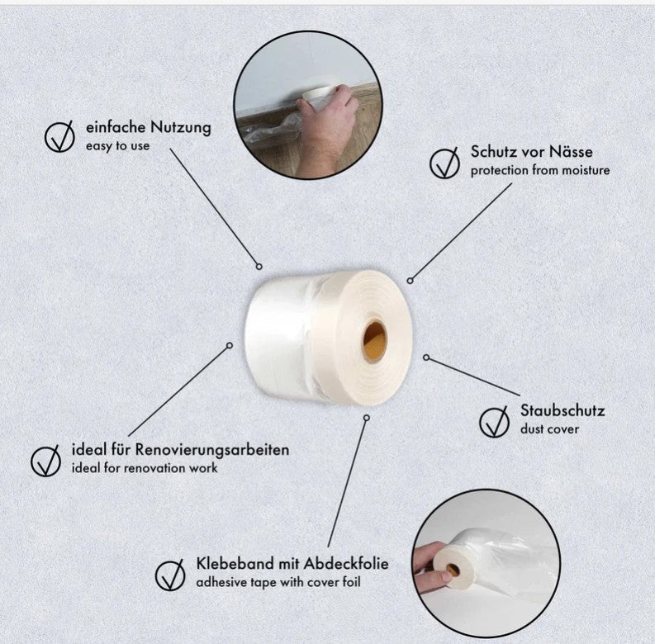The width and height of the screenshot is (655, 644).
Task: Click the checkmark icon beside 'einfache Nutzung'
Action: pyautogui.click(x=59, y=136)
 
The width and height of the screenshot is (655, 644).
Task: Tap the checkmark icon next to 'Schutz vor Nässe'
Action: pyautogui.click(x=444, y=163)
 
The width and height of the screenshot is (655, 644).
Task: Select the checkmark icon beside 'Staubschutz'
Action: pyautogui.click(x=494, y=422)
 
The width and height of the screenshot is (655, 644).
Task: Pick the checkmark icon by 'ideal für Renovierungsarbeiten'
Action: pyautogui.click(x=45, y=461)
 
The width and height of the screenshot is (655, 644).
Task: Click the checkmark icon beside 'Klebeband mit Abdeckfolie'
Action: pyautogui.click(x=170, y=575)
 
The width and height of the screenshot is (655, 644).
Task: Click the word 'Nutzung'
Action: pyautogui.click(x=180, y=127)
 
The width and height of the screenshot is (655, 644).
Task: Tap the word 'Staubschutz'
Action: pyautogui.click(x=562, y=410)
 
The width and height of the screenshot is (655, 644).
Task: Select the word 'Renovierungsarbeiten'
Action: pyautogui.click(x=212, y=450)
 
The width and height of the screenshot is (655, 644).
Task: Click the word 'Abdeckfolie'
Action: pyautogui.click(x=346, y=563)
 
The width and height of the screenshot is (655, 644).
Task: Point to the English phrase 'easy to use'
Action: pyautogui.click(x=117, y=146)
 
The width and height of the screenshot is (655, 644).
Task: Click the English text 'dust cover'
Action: pyautogui.click(x=549, y=429)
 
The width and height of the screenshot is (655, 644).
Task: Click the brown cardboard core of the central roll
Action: pyautogui.click(x=374, y=342)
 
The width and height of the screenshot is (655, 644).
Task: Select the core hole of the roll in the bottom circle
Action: pyautogui.click(x=452, y=569)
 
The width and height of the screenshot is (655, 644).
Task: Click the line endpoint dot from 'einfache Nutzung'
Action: pyautogui.click(x=259, y=267)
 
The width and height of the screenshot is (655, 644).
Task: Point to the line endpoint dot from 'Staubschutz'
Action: pyautogui.click(x=426, y=358)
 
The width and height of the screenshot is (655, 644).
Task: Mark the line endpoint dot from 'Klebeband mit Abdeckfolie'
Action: pyautogui.click(x=367, y=418)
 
